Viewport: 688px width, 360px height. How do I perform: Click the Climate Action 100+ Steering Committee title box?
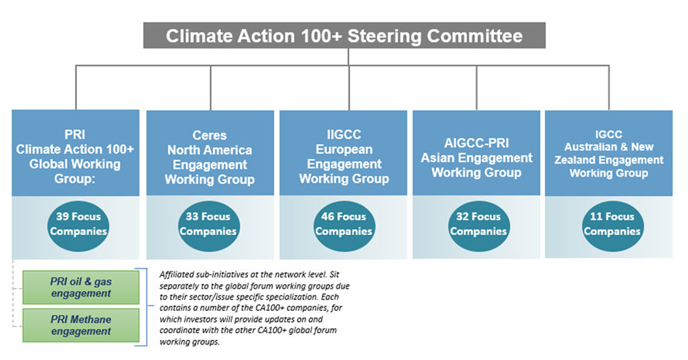(344, 36)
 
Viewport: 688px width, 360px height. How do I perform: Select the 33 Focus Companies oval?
(208, 224)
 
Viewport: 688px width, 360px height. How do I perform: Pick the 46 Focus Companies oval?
(343, 224)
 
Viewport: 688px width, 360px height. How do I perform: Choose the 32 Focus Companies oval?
(478, 224)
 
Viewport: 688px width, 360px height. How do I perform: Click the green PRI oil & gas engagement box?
(81, 287)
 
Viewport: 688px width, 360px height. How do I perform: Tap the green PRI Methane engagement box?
(81, 325)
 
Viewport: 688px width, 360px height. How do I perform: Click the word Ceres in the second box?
(210, 136)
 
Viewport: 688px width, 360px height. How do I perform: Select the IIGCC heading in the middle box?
(343, 135)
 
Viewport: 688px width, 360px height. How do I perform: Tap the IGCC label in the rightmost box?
(609, 134)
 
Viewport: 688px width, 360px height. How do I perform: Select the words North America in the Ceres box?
(210, 150)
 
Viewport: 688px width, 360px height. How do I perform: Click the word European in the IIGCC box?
(343, 149)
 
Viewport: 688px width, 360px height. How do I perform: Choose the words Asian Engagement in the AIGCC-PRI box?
(477, 158)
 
